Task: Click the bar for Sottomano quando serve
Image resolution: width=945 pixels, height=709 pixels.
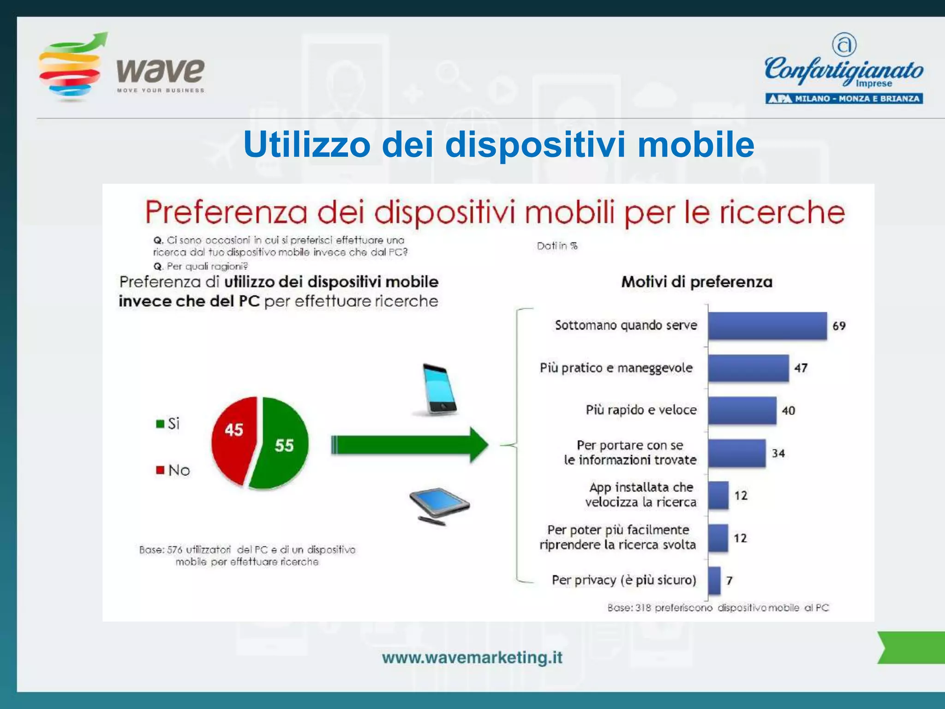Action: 767,326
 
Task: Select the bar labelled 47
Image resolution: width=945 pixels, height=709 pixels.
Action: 748,368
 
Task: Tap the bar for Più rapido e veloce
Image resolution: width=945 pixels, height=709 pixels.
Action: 742,410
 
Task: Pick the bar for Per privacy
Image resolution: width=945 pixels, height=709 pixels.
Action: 714,580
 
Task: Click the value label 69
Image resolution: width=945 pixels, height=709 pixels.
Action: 839,326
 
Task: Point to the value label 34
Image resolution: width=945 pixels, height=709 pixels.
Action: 778,453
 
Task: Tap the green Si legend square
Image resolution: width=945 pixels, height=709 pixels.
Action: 160,424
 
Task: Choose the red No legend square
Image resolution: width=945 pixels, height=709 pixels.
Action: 160,470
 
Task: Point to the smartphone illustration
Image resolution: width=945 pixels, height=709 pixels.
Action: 440,389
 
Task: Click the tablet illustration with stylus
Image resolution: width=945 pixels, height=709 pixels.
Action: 438,505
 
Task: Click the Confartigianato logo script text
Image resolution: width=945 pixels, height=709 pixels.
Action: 843,70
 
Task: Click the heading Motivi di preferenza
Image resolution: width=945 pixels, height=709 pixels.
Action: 697,282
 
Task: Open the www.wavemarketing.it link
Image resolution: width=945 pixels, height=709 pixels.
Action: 472,657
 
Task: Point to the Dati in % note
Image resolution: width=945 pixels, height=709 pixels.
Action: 557,246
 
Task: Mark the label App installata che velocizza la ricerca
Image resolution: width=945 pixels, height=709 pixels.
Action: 640,494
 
